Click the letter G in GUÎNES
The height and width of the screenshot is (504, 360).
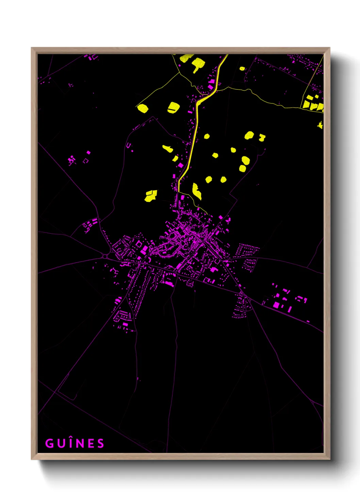(49, 443)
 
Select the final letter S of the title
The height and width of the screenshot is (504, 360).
(100, 443)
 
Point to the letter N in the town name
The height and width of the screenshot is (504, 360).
(81, 443)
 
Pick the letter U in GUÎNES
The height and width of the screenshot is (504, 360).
(61, 443)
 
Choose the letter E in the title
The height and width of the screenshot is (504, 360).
(91, 443)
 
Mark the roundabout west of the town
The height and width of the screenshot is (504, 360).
(106, 256)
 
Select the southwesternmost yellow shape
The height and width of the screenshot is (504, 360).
(150, 196)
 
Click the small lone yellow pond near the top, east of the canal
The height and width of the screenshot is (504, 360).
(242, 68)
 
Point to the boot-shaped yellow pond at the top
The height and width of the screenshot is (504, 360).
(198, 64)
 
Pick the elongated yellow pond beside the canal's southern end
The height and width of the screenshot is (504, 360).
(197, 191)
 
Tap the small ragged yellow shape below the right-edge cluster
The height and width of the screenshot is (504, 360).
(320, 125)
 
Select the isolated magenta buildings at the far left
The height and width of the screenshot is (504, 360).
(71, 159)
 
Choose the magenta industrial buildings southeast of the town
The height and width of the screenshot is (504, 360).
(286, 300)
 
